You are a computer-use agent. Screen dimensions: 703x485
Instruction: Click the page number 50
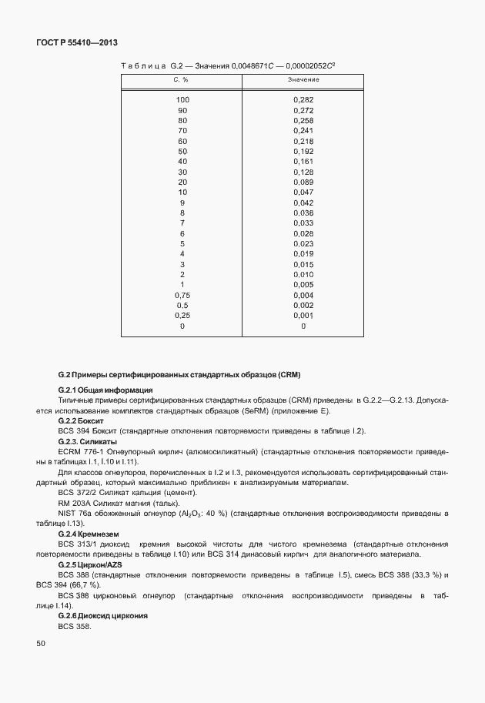click(41, 643)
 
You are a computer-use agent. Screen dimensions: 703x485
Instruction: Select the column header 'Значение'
click(303, 80)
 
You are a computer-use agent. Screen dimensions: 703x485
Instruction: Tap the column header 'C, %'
click(182, 80)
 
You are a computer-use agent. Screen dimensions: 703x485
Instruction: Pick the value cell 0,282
click(303, 100)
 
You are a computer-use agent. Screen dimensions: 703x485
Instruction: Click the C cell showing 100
click(182, 100)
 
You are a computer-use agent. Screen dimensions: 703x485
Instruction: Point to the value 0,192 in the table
click(303, 152)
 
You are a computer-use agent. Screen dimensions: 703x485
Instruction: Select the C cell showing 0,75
click(182, 295)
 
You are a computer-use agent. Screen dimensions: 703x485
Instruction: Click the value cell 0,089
click(303, 182)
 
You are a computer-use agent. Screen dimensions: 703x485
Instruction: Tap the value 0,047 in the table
click(303, 192)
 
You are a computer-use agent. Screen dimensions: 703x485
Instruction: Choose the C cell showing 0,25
click(182, 316)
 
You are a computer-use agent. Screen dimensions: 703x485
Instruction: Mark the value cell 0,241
click(303, 131)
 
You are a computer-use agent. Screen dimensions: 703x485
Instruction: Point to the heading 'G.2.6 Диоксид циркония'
click(102, 616)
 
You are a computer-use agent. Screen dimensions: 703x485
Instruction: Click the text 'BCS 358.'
click(75, 626)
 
